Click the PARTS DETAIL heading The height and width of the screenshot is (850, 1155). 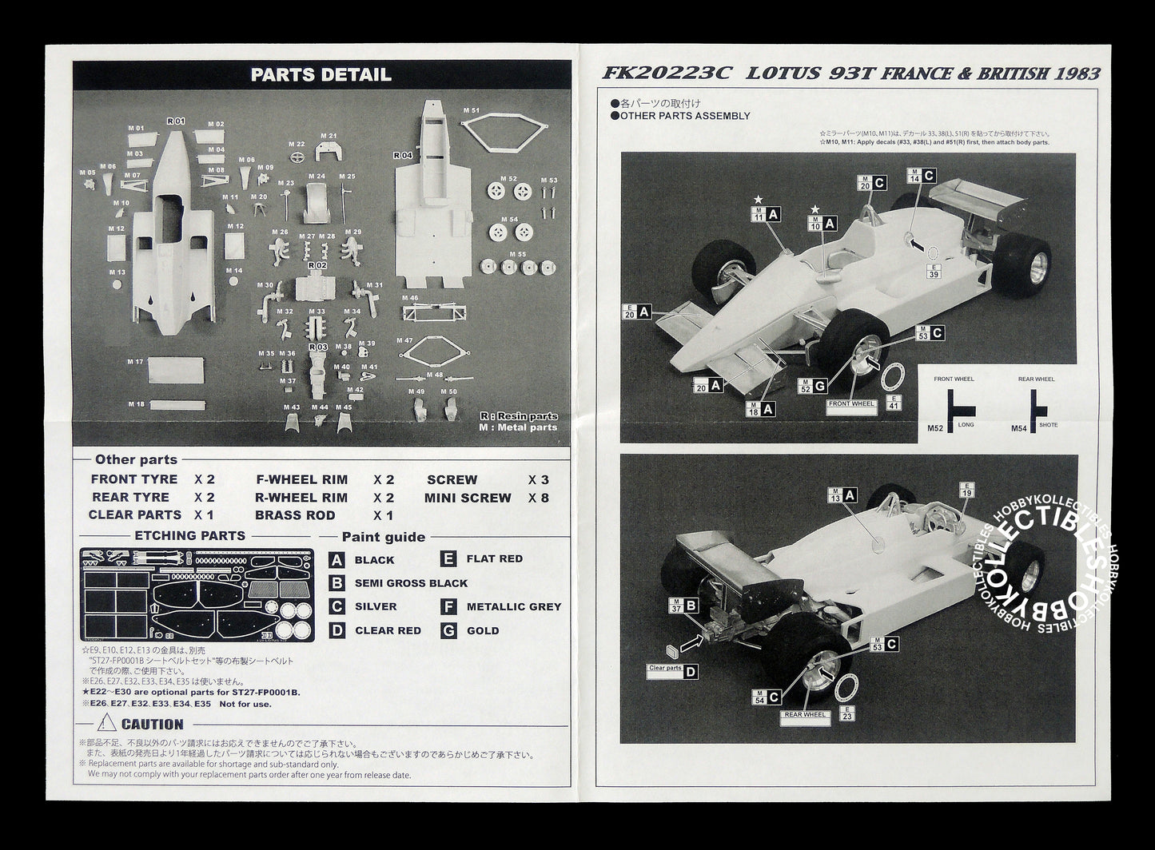tap(321, 75)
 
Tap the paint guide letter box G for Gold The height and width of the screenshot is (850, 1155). tap(449, 630)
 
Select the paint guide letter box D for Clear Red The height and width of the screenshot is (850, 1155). tap(337, 630)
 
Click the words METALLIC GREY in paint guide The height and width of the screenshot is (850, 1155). tap(513, 607)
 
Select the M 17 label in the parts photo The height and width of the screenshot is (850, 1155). tap(135, 362)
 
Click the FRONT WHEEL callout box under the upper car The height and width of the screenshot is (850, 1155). tap(851, 404)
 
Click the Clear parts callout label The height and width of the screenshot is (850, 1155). tap(665, 668)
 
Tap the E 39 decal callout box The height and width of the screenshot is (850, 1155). tap(933, 271)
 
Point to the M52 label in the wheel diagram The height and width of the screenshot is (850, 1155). tap(935, 428)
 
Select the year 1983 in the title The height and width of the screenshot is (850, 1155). tap(1077, 73)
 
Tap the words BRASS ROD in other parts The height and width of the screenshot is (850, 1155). tap(295, 515)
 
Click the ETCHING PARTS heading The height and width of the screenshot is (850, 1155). tap(189, 536)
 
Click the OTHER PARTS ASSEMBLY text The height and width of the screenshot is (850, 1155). tap(684, 116)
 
